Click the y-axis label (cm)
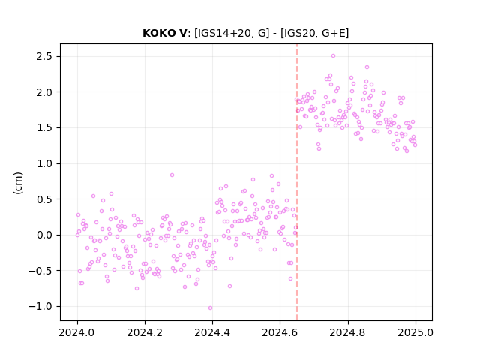(18, 183)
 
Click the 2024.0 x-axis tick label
(77, 332)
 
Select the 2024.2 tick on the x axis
(145, 332)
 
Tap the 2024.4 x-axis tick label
(212, 332)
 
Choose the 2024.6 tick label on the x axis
(280, 332)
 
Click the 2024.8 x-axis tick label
(348, 332)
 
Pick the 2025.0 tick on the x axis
(415, 332)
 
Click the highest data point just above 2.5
(333, 56)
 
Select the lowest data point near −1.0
(210, 308)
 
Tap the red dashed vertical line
(297, 182)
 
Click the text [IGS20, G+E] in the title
(315, 33)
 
